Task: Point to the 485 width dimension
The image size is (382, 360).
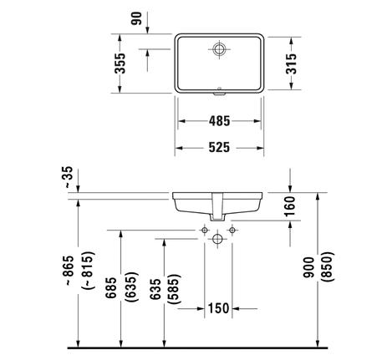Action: coord(220,120)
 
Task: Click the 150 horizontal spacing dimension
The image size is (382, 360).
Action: coord(219,309)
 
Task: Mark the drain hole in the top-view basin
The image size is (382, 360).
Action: coord(220,48)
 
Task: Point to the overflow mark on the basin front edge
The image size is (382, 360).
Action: coord(220,88)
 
